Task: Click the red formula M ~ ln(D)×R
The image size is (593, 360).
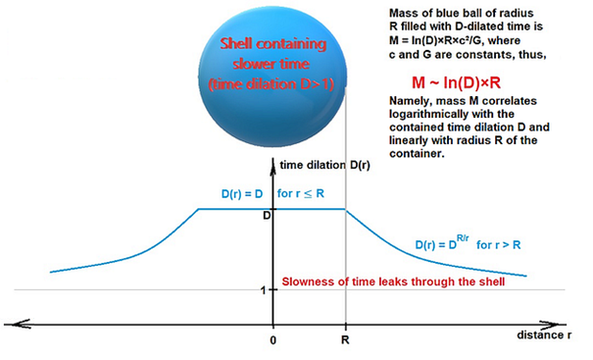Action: [x=456, y=82]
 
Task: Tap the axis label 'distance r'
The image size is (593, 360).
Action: [x=544, y=335]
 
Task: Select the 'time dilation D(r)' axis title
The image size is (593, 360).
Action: [x=324, y=165]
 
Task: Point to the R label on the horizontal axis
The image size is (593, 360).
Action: [x=345, y=340]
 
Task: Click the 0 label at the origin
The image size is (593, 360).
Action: [x=273, y=340]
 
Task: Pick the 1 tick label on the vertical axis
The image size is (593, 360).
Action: [x=264, y=290]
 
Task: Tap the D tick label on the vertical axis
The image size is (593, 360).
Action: [x=267, y=216]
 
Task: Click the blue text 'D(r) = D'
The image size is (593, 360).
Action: [x=242, y=194]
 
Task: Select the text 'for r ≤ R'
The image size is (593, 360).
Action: [x=301, y=193]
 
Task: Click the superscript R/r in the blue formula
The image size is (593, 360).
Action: [x=463, y=238]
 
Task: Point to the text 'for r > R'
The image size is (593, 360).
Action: [x=499, y=245]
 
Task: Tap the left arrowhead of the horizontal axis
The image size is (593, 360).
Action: [x=19, y=325]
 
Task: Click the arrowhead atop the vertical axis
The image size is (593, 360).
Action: [x=272, y=165]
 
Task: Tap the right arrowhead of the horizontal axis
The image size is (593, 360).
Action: [x=549, y=325]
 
